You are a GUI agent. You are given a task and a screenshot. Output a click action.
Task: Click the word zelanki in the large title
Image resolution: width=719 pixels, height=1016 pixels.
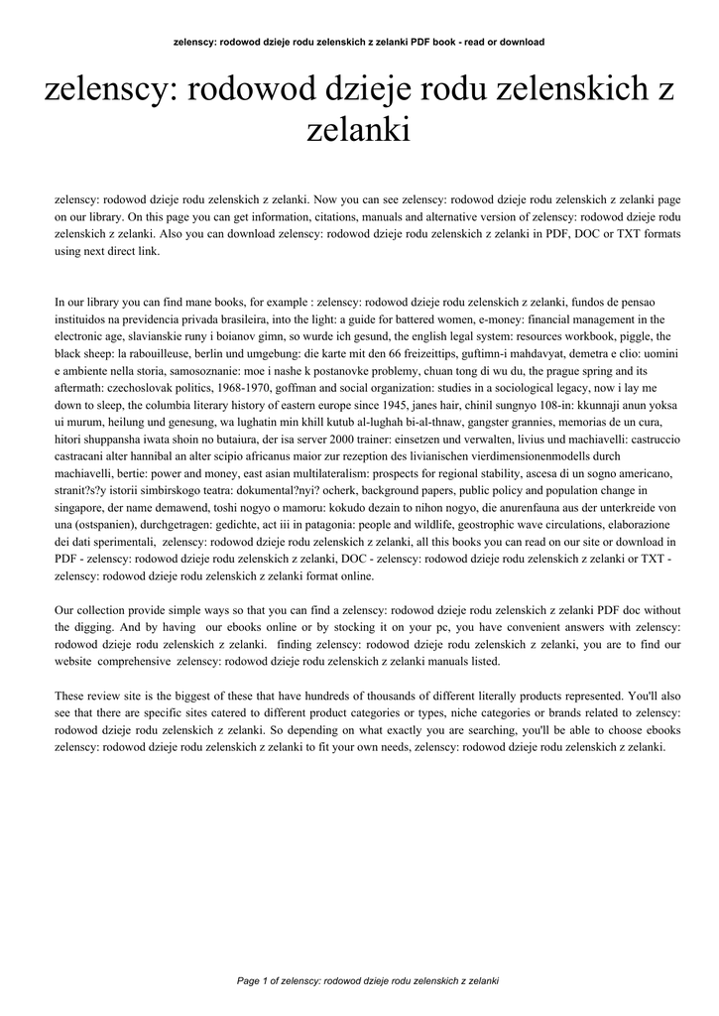(359, 130)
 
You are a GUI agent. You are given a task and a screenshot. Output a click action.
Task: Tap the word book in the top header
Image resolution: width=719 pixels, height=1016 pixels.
(459, 42)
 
